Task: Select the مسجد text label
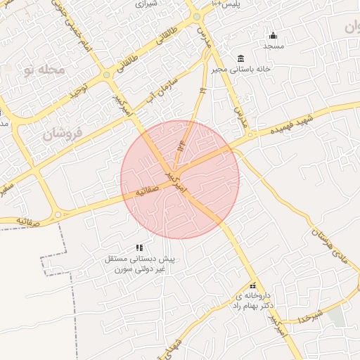click(273, 46)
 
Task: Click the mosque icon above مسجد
click(273, 36)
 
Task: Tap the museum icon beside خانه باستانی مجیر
click(241, 58)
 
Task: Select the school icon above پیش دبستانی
click(139, 247)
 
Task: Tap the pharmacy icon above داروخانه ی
click(253, 285)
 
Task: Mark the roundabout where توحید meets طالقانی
click(106, 75)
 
